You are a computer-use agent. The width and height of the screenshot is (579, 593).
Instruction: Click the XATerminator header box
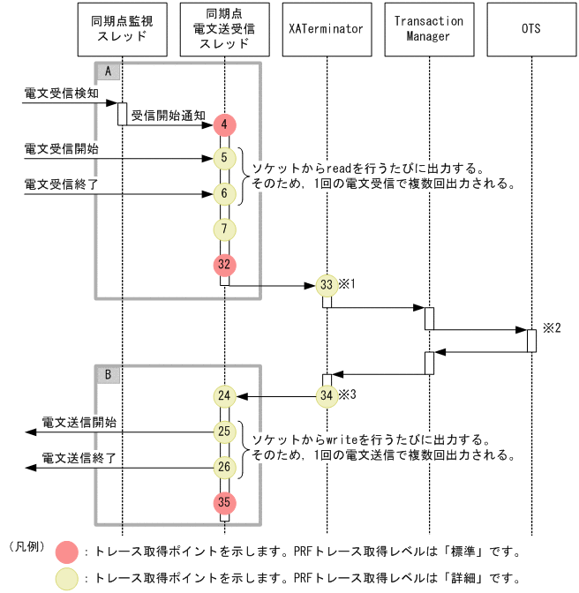(326, 29)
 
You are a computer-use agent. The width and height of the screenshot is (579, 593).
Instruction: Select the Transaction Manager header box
(428, 29)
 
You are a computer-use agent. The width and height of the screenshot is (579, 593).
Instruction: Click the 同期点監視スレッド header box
(122, 29)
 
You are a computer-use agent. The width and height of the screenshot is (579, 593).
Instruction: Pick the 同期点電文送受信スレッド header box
(224, 29)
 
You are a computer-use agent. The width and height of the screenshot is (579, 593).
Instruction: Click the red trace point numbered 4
(225, 124)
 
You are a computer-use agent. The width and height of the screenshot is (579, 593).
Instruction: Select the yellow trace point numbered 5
(225, 159)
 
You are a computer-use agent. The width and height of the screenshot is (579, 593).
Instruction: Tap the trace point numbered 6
(225, 193)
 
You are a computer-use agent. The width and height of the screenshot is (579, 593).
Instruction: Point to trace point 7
(225, 229)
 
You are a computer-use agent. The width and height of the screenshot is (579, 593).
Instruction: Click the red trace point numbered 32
(225, 264)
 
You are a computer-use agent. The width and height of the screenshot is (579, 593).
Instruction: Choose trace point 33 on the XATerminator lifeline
(327, 286)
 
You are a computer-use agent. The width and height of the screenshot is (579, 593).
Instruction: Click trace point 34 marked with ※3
(327, 396)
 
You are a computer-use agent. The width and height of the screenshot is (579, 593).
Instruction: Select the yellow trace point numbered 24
(225, 396)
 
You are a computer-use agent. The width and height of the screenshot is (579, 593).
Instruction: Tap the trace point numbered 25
(225, 432)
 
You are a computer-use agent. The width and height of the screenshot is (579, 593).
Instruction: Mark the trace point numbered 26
(225, 467)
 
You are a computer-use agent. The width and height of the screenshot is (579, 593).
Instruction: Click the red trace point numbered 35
(225, 502)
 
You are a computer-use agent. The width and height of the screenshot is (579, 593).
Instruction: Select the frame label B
(107, 374)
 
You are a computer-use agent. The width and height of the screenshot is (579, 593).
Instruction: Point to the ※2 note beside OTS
(552, 327)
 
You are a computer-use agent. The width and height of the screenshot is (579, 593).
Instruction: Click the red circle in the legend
(66, 552)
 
